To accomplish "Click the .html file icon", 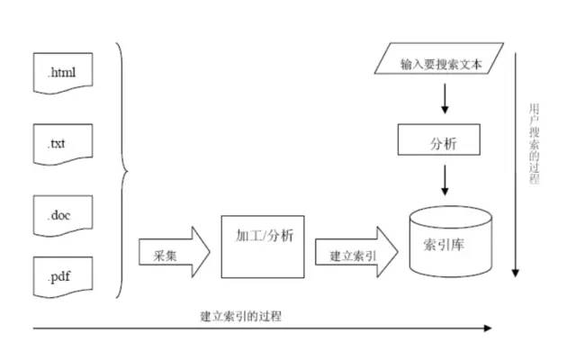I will [64, 73].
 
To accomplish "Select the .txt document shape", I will [64, 141].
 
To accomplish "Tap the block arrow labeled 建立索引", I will [355, 255].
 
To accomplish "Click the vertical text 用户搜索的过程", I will [535, 143].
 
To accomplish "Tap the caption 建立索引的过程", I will [247, 315].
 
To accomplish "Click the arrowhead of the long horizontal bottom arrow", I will [488, 328].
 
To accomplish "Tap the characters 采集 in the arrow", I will [159, 256].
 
